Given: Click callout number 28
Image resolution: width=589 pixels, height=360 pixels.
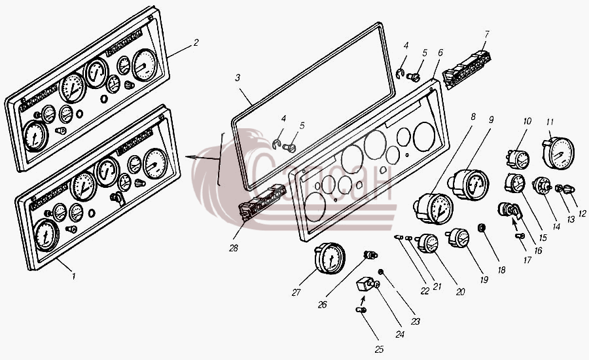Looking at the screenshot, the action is pyautogui.click(x=233, y=248).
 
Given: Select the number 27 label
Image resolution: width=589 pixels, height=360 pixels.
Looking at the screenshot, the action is pyautogui.click(x=296, y=293).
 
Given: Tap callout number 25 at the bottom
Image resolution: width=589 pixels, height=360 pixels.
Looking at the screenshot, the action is pyautogui.click(x=380, y=350).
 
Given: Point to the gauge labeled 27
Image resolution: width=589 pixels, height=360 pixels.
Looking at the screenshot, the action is pyautogui.click(x=330, y=258).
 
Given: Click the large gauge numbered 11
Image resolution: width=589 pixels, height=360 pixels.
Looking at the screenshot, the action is pyautogui.click(x=559, y=153).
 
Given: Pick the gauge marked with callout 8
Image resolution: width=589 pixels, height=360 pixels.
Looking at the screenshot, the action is pyautogui.click(x=433, y=208).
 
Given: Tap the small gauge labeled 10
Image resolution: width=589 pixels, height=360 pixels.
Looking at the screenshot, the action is pyautogui.click(x=518, y=159).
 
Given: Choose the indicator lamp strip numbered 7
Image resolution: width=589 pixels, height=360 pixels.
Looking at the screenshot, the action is pyautogui.click(x=467, y=70).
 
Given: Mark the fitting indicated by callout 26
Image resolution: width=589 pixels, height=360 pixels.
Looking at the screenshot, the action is pyautogui.click(x=370, y=255).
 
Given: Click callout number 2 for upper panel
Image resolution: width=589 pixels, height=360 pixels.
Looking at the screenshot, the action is pyautogui.click(x=195, y=43).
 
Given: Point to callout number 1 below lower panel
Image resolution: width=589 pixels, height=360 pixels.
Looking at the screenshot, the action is pyautogui.click(x=73, y=277).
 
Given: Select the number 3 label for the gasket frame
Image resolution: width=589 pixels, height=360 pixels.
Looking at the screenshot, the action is pyautogui.click(x=238, y=78).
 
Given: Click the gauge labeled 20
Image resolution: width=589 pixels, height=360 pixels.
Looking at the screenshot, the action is pyautogui.click(x=427, y=243).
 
